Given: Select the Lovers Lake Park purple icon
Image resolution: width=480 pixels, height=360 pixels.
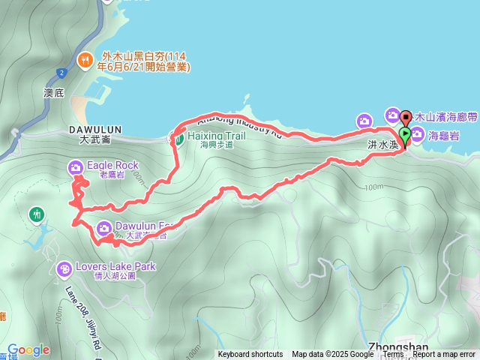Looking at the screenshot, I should (x=65, y=267).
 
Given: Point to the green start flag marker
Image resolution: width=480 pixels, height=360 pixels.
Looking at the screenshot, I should (x=405, y=136).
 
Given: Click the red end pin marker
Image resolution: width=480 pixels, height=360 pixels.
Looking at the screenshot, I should (x=406, y=118).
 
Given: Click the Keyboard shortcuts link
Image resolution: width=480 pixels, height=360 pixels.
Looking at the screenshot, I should (x=250, y=355).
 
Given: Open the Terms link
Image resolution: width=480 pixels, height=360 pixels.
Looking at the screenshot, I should (x=393, y=355).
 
